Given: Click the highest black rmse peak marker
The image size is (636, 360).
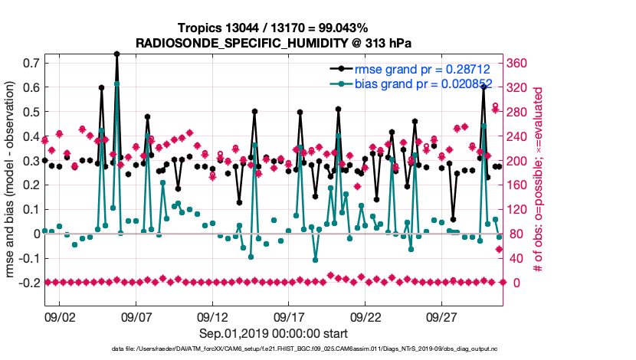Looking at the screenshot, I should pyautogui.click(x=116, y=54).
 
